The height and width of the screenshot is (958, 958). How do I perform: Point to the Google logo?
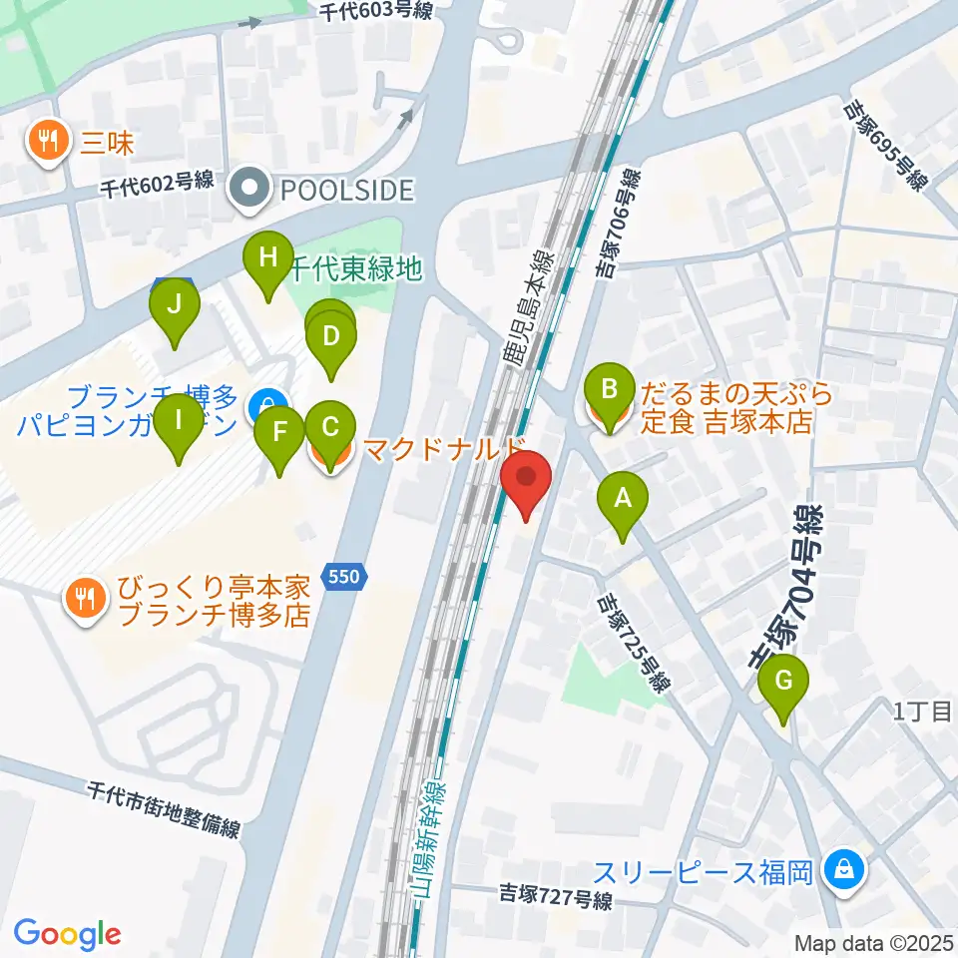pyautogui.click(x=67, y=934)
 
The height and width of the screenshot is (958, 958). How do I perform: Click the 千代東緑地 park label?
pyautogui.click(x=356, y=268)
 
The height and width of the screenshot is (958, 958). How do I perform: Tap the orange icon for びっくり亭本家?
pyautogui.click(x=81, y=598)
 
